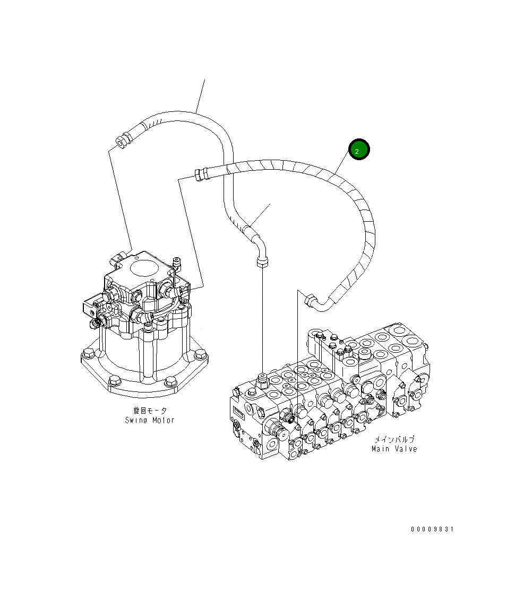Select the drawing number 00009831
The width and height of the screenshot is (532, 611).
(x=432, y=529)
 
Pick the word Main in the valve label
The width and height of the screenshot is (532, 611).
(x=381, y=449)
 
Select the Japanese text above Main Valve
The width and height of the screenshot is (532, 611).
(x=394, y=439)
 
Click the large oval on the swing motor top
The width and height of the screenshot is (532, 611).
(x=139, y=267)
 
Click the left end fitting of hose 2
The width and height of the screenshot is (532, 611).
(x=199, y=174)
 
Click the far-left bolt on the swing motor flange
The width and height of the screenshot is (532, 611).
(x=88, y=353)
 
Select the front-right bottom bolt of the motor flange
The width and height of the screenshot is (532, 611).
(x=169, y=381)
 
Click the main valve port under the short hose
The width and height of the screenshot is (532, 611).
(x=262, y=378)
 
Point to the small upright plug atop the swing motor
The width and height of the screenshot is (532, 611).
(x=177, y=261)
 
